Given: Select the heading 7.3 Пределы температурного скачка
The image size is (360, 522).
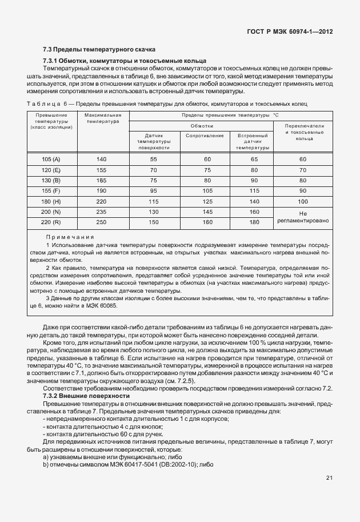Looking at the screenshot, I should (x=99, y=50).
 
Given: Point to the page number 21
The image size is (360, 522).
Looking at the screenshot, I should (x=329, y=478).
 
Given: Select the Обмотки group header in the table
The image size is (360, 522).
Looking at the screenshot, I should (x=202, y=125).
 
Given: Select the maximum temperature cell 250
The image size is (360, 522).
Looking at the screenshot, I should (x=102, y=222).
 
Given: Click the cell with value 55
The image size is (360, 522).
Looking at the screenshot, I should (x=153, y=160).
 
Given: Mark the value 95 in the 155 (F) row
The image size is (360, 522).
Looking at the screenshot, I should (x=153, y=191).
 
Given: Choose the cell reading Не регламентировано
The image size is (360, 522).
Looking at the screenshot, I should (x=303, y=217).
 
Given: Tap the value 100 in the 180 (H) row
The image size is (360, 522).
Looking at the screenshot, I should (x=303, y=201).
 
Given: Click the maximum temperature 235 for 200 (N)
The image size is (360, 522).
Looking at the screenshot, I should (x=102, y=212).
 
